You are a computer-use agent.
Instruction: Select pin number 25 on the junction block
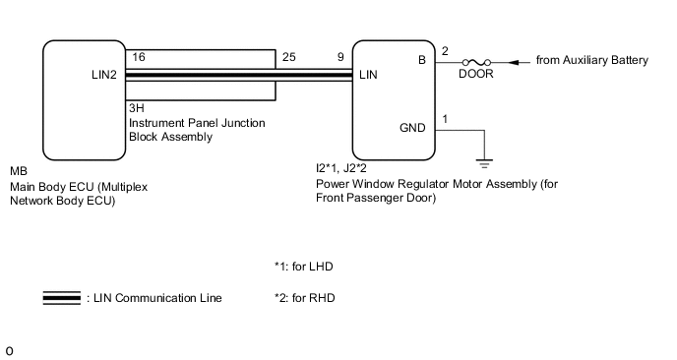[287, 58]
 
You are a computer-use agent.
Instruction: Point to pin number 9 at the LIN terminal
[339, 58]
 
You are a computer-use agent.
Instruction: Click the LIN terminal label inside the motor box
[369, 75]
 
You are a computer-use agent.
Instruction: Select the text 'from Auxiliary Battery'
[591, 61]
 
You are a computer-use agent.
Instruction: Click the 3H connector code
[136, 107]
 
